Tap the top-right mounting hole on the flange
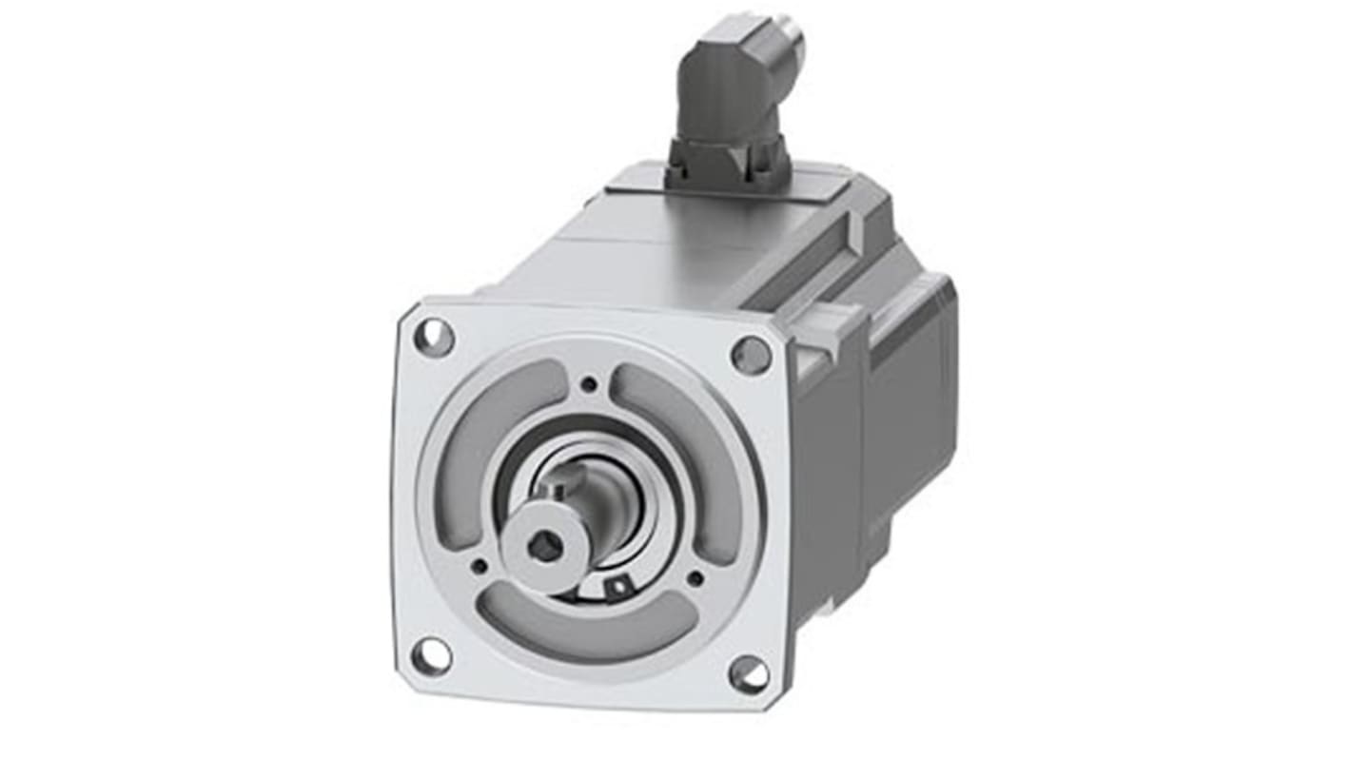point(751,355)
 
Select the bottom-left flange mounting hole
point(432,655)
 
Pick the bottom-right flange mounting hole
point(749,674)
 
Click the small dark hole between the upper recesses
point(590,385)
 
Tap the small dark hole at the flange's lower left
point(480,567)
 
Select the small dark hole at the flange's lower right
point(695,577)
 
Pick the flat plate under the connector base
point(723,195)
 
